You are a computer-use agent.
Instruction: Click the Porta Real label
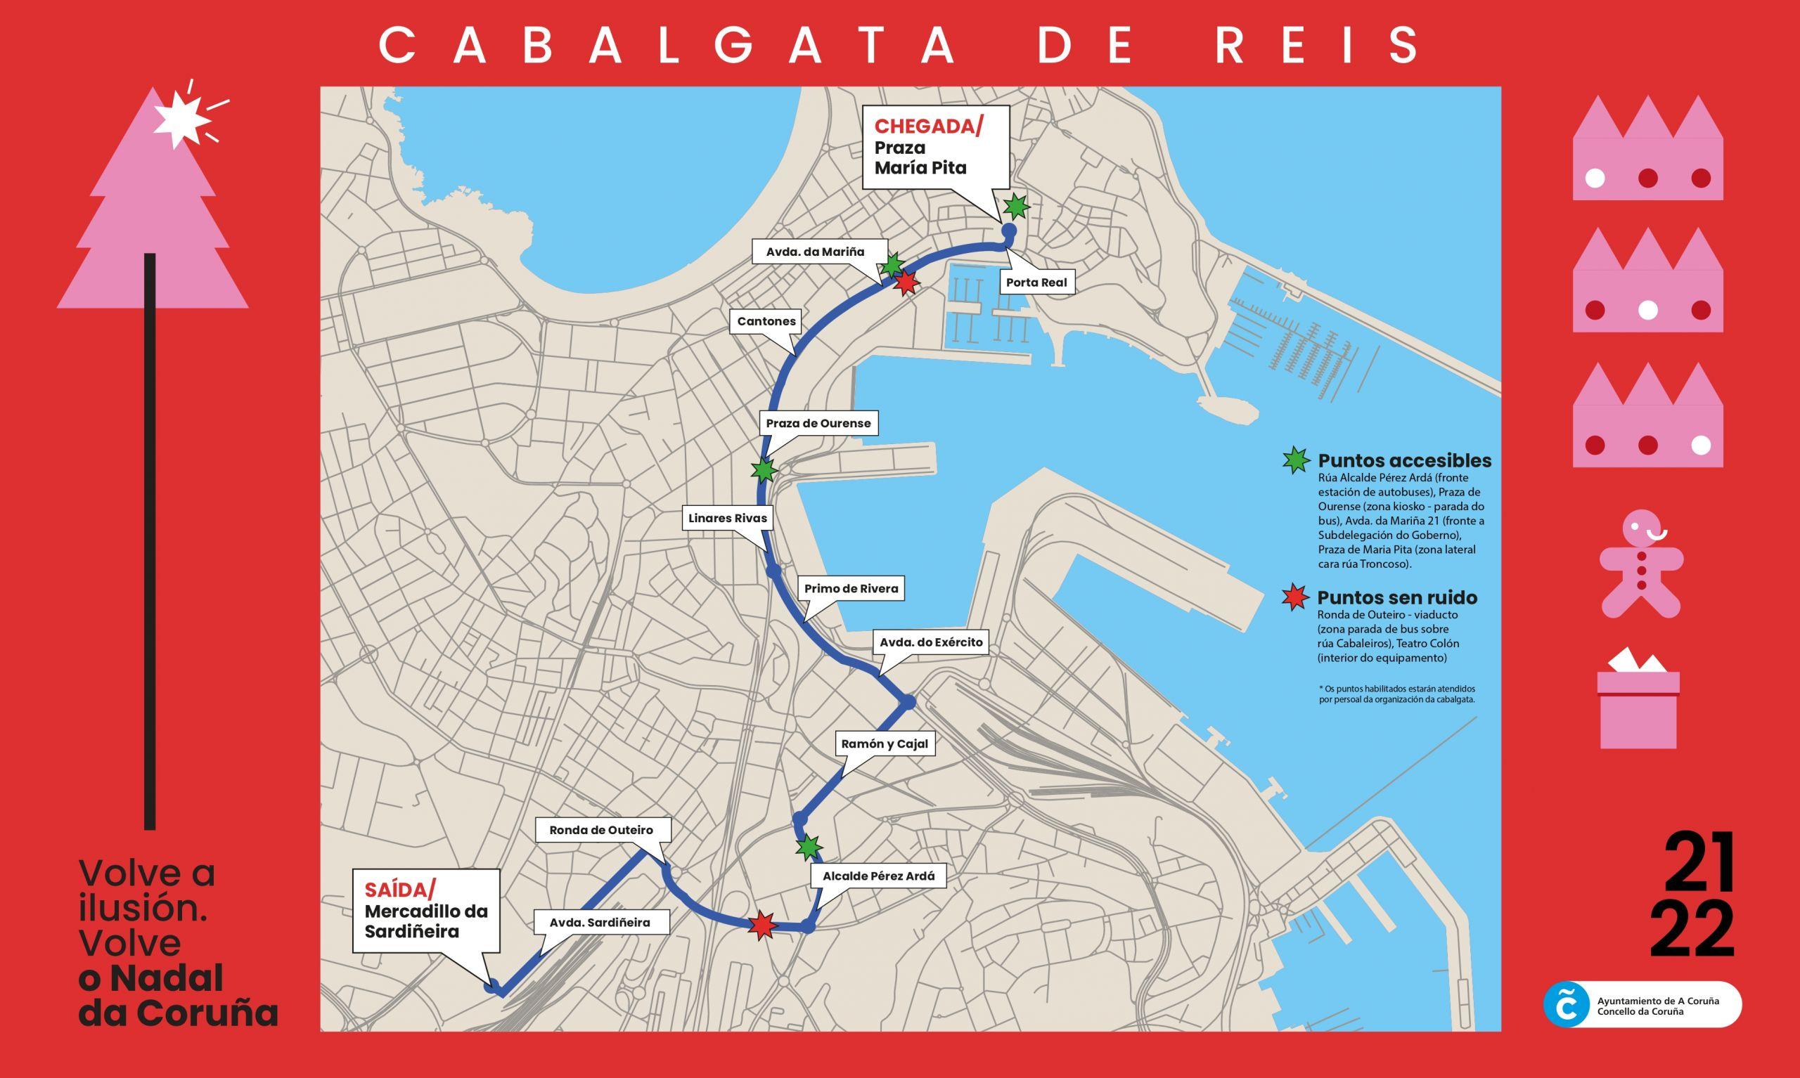point(1036,282)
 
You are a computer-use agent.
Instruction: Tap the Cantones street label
point(766,321)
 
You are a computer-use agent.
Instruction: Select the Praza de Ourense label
point(818,423)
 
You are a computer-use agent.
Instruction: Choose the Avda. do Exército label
point(930,642)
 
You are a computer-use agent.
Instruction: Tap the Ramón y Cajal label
point(885,744)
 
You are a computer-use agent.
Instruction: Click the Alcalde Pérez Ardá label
point(877,876)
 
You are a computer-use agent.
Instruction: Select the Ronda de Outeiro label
point(601,829)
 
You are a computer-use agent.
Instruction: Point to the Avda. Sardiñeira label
point(600,923)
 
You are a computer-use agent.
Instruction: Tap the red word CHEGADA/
point(928,126)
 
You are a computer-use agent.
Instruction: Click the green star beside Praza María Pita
point(1016,207)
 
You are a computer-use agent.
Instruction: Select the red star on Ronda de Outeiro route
point(761,926)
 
